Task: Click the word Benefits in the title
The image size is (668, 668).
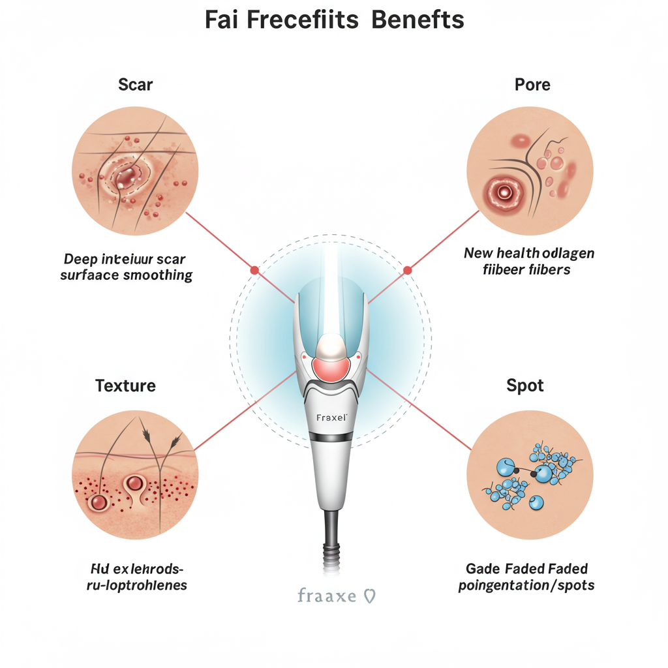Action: click(417, 20)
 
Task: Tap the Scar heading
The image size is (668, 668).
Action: click(136, 84)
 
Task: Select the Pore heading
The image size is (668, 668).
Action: click(532, 84)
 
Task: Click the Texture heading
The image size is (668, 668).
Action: click(125, 385)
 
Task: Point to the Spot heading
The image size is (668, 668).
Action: click(525, 385)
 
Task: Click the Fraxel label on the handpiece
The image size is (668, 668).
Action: click(331, 417)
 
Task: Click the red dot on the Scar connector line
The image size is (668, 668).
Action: click(254, 269)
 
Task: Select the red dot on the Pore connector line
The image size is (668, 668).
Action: click(408, 269)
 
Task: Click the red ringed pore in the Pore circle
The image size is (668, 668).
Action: click(504, 192)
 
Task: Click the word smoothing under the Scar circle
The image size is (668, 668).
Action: click(160, 275)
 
